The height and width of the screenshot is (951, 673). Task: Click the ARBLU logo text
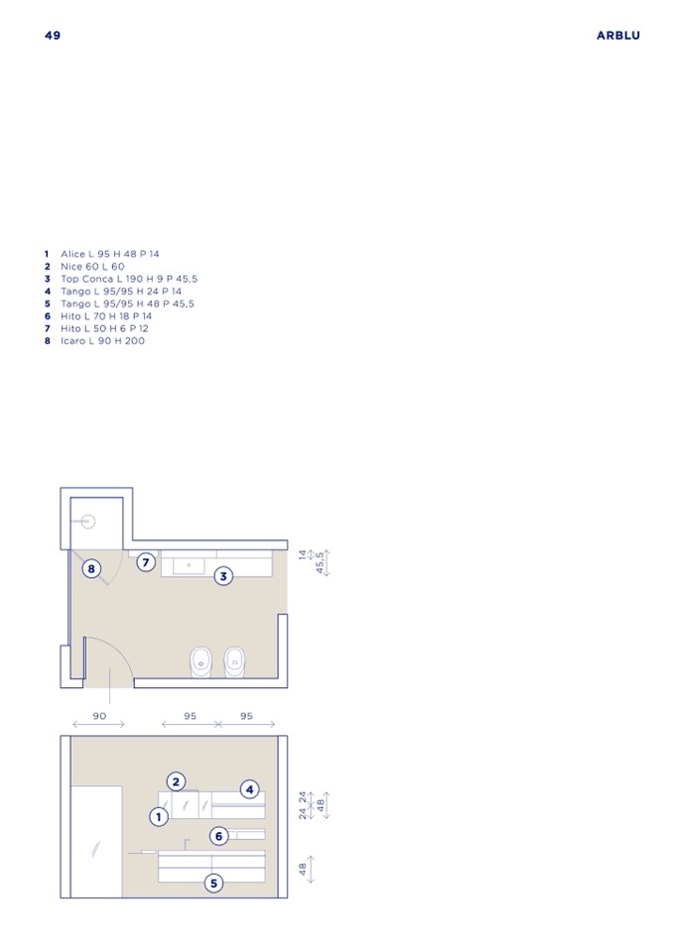tap(617, 35)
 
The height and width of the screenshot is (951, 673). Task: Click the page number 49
tap(53, 35)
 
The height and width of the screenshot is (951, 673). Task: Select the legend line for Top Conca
tap(121, 279)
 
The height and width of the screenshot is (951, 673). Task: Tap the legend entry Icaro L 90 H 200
tap(94, 341)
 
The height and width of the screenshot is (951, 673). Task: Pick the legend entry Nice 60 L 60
tap(84, 266)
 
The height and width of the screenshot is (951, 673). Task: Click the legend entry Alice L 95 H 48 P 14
tap(101, 254)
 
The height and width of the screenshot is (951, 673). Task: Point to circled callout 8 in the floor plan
tap(91, 569)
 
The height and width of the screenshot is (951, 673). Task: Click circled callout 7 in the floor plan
tap(146, 562)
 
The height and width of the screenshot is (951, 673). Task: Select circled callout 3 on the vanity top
tap(223, 576)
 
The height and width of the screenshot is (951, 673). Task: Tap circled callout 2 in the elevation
tap(176, 781)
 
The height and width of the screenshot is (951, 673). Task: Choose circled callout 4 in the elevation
tap(249, 789)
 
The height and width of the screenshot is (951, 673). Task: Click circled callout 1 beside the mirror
tap(159, 817)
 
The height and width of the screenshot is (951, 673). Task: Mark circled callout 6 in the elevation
tap(219, 836)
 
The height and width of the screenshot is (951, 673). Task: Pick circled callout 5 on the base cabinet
tap(213, 883)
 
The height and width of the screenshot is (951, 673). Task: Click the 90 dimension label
tap(99, 716)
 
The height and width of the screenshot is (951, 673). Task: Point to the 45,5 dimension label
tap(321, 563)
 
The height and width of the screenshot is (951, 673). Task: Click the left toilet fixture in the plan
tap(201, 661)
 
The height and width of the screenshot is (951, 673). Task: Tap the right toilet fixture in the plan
tap(234, 661)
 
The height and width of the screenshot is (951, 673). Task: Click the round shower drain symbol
tap(88, 521)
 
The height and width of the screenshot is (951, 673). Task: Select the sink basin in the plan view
tap(189, 566)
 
